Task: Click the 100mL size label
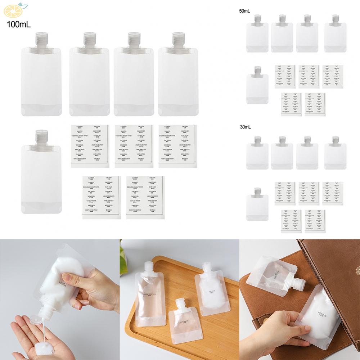(18, 24)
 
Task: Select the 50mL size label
(244, 11)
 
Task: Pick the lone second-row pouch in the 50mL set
(257, 86)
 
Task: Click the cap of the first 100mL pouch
(41, 38)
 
